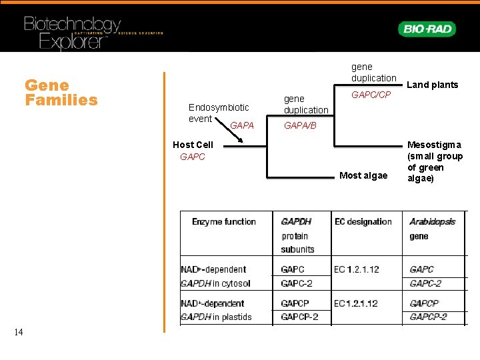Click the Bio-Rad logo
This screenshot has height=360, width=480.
point(427,29)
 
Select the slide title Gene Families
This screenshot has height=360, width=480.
point(61,93)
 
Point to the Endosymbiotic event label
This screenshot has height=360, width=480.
point(218,113)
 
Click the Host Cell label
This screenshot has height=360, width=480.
point(193,145)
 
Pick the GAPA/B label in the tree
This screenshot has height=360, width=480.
point(300,125)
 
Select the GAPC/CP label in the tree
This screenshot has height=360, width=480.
point(371,95)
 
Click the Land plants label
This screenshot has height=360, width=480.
point(433,85)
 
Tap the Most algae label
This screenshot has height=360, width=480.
point(363,176)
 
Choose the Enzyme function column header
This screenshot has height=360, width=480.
point(223,221)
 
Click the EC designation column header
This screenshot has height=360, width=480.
point(363,221)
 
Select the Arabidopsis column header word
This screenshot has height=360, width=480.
point(432,221)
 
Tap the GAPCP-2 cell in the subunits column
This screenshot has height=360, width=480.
point(299,317)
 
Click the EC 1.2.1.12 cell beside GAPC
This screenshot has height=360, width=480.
point(357,269)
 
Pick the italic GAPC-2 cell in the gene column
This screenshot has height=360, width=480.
point(425,283)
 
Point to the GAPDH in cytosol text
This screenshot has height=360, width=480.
point(215,283)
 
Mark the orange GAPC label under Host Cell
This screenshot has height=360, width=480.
point(193,157)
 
